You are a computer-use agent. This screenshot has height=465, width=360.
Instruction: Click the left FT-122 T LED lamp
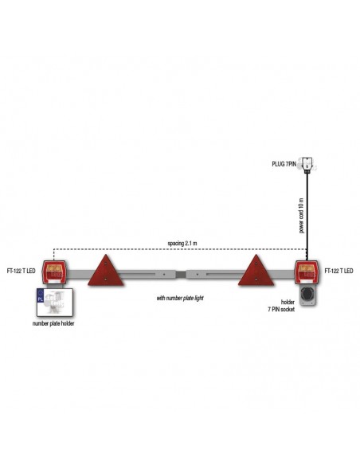click(54, 272)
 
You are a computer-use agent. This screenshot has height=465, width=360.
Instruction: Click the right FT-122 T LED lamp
click(307, 272)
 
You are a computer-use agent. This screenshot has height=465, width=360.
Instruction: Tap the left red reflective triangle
click(106, 271)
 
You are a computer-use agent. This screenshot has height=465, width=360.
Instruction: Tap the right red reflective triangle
click(256, 271)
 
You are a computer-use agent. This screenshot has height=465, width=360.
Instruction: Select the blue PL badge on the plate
click(40, 296)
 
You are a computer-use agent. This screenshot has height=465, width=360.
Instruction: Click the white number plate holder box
click(55, 303)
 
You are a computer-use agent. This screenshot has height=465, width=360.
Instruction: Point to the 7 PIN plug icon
click(307, 164)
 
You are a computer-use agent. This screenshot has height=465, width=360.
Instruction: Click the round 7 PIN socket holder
click(307, 295)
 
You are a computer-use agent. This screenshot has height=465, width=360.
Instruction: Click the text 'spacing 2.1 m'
click(182, 244)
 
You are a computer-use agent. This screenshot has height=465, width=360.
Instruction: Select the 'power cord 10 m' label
click(302, 216)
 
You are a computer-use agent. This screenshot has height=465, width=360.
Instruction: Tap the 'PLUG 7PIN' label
click(284, 164)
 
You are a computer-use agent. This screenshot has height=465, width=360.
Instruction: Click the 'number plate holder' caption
click(53, 323)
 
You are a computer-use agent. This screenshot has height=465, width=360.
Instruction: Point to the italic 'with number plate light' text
click(180, 298)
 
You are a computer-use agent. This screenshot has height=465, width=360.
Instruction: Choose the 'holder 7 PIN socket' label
click(282, 306)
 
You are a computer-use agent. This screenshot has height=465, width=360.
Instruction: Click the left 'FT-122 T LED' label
click(21, 271)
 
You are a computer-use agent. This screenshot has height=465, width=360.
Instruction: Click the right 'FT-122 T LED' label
click(339, 271)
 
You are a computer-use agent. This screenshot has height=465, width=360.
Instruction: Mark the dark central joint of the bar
click(181, 274)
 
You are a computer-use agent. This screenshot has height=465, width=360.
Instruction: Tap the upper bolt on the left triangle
click(106, 264)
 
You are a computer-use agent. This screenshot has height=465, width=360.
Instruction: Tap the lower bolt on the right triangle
click(256, 279)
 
